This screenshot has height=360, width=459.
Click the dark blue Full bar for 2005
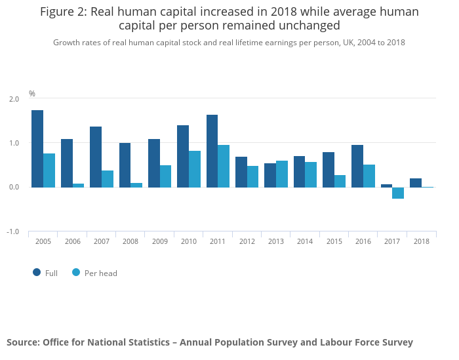[37, 149]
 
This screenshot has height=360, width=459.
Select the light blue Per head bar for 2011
[224, 167]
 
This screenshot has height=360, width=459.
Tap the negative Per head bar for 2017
[398, 193]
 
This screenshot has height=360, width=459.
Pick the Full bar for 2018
[416, 183]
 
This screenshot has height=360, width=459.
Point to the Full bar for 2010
[183, 156]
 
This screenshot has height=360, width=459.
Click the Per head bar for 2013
[282, 174]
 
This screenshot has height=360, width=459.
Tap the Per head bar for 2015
[340, 181]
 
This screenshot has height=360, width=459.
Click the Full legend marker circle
[37, 272]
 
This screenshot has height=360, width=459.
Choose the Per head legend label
[100, 273]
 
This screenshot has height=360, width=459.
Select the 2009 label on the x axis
[159, 241]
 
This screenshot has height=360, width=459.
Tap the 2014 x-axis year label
[305, 241]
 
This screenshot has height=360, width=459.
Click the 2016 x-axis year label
[363, 241]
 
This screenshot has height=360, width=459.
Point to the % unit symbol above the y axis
[31, 94]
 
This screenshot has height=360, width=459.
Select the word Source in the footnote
[24, 342]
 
